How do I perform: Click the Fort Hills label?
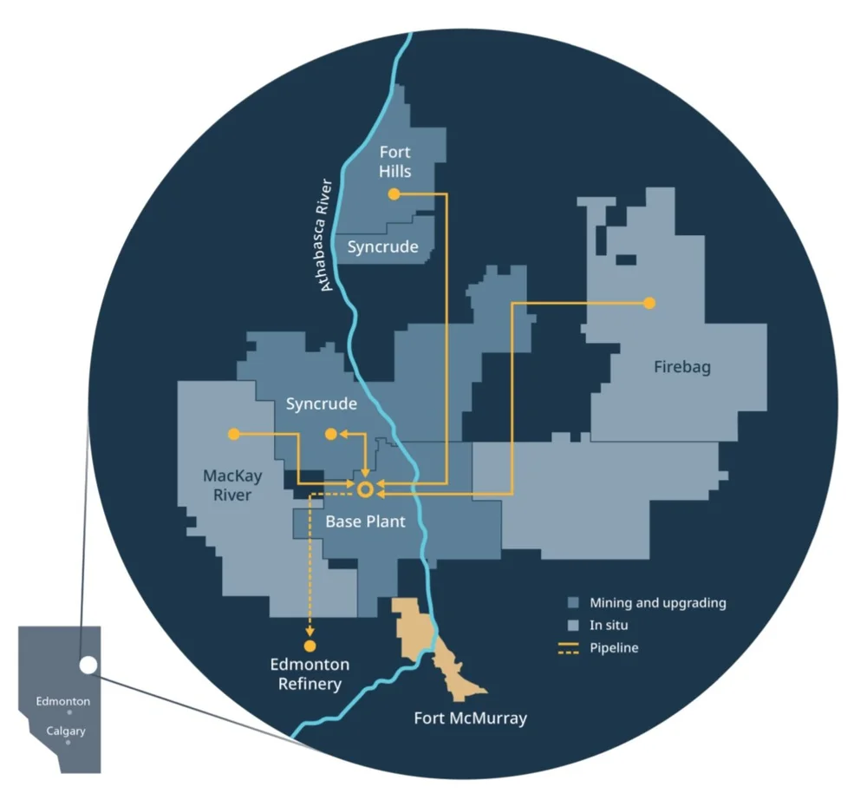pyautogui.click(x=394, y=161)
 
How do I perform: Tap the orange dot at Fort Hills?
pyautogui.click(x=394, y=194)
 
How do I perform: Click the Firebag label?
pyautogui.click(x=681, y=367)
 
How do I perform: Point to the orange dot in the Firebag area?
pyautogui.click(x=649, y=303)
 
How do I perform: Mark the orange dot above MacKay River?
pyautogui.click(x=233, y=433)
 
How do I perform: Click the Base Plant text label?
pyautogui.click(x=365, y=522)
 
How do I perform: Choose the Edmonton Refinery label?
pyautogui.click(x=310, y=674)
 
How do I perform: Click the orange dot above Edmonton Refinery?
pyautogui.click(x=310, y=646)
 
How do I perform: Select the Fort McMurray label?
pyautogui.click(x=470, y=718)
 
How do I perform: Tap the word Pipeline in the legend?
pyautogui.click(x=614, y=647)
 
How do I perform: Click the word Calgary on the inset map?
pyautogui.click(x=66, y=731)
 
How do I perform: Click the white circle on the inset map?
pyautogui.click(x=88, y=666)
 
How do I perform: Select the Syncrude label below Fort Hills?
pyautogui.click(x=382, y=247)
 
